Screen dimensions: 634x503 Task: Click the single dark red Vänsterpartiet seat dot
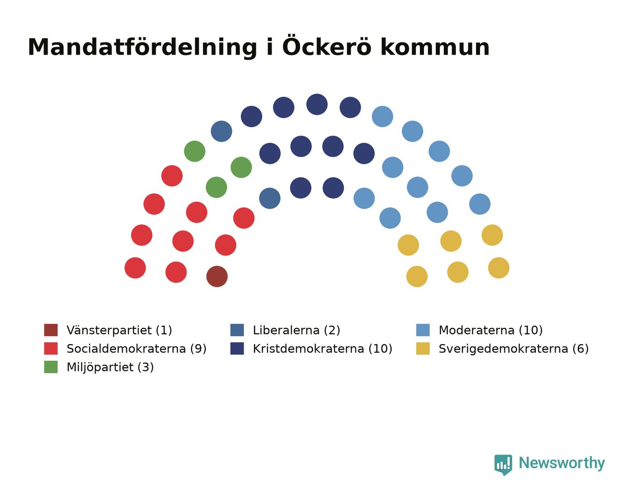coord(217,276)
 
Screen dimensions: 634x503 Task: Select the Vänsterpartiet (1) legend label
coord(119,330)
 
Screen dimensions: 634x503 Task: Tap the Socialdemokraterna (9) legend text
coord(136,349)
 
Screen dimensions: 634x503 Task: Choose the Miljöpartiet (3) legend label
coord(110,367)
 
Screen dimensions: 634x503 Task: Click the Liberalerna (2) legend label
coord(296,330)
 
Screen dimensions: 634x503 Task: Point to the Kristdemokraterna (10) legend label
coord(322,349)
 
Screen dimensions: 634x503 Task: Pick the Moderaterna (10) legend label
coord(490,330)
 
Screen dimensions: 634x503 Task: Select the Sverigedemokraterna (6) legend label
coord(514,349)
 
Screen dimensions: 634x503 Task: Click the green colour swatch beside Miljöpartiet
coord(51,367)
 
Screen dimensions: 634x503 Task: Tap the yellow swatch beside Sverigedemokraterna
coord(423,348)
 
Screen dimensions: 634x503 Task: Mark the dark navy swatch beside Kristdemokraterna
coord(237,348)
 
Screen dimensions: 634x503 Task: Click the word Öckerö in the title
coord(327,46)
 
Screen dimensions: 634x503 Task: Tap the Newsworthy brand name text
coord(562,463)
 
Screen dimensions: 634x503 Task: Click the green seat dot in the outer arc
coord(195,151)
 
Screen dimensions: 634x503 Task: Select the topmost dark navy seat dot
coord(317,104)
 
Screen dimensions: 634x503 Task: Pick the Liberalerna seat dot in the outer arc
coord(221,131)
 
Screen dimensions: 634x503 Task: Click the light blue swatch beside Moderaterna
coord(423,330)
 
